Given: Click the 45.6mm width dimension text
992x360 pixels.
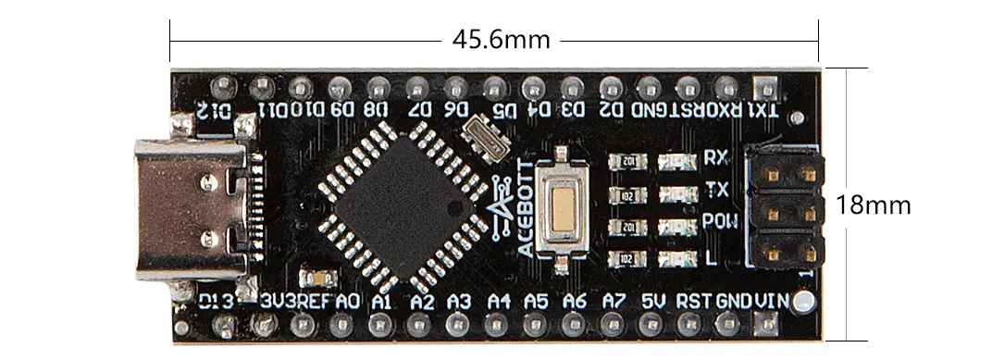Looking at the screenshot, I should (x=501, y=40).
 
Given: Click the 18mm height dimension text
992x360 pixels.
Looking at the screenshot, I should (x=873, y=205).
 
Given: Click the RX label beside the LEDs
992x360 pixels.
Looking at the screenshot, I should (x=715, y=158).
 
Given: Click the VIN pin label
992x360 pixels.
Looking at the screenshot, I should (x=773, y=300).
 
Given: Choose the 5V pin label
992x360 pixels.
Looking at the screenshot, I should (x=653, y=300).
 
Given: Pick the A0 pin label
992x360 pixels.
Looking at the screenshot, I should (x=347, y=300).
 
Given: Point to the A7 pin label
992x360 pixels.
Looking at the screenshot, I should (x=614, y=300).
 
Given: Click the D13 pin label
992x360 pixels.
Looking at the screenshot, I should (x=216, y=300).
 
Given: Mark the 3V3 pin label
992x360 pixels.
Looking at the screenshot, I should (x=278, y=300).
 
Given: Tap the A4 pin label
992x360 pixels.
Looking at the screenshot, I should (x=499, y=300).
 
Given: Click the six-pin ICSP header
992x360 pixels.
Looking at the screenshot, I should (x=787, y=208).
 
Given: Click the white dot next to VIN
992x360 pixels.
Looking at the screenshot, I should (x=803, y=300).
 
